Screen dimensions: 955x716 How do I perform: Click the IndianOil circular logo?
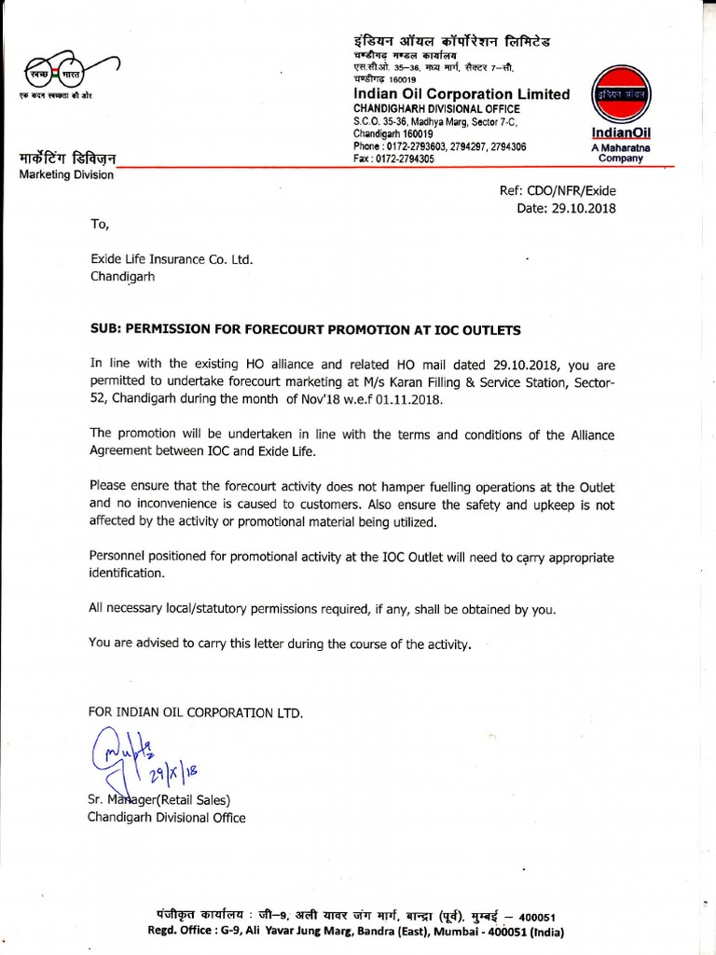point(620,97)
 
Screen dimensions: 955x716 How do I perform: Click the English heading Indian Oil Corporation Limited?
point(461,94)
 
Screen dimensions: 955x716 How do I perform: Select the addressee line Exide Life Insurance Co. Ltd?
point(172,260)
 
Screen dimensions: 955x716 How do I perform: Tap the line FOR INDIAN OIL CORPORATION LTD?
point(196,713)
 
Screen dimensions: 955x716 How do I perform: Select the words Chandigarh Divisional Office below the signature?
point(167,818)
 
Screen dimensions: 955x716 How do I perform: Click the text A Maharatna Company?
point(621,153)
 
